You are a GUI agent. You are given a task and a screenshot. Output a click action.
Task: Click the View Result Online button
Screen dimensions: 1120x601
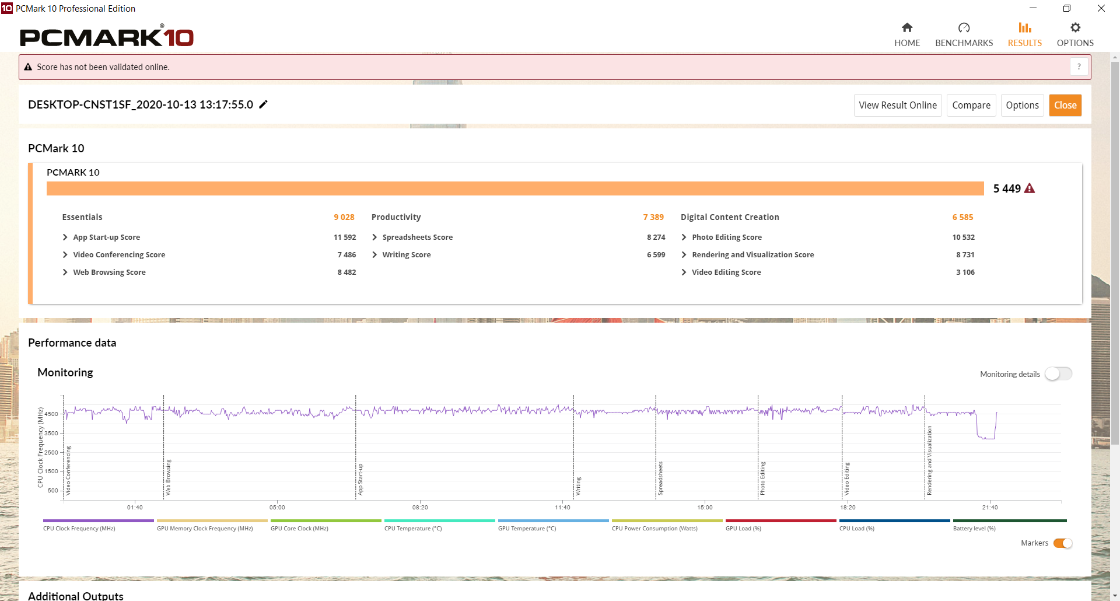click(898, 105)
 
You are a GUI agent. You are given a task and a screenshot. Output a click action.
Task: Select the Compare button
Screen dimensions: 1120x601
click(971, 105)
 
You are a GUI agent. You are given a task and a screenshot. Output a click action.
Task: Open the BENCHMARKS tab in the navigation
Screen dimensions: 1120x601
click(964, 35)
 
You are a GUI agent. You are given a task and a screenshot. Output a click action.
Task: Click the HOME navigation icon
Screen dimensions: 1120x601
click(907, 27)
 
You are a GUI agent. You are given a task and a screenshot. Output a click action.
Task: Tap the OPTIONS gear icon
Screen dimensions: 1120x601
click(1075, 27)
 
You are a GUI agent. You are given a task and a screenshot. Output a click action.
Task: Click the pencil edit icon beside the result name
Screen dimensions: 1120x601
click(264, 104)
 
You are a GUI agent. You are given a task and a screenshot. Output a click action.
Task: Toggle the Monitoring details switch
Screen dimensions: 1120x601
click(1058, 374)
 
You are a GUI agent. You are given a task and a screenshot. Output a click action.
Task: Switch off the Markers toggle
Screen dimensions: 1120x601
click(1063, 543)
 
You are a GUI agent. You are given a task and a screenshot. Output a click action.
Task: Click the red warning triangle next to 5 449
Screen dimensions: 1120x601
click(1030, 188)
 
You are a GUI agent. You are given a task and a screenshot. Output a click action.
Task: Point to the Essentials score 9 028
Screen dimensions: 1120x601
click(344, 217)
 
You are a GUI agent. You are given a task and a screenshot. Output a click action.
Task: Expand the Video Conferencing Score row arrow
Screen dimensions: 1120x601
click(65, 254)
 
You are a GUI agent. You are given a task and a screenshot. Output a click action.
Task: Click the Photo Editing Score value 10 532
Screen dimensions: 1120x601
click(964, 237)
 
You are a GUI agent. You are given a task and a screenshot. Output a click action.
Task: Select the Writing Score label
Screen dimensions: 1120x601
click(407, 255)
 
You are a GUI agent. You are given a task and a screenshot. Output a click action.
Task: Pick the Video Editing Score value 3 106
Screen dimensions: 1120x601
click(965, 272)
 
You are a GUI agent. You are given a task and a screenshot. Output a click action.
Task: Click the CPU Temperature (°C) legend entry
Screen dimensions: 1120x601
click(413, 529)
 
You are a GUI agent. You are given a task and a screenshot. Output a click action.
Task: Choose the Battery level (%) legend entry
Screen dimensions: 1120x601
click(974, 529)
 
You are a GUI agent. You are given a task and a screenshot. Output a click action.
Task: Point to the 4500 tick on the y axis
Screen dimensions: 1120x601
click(51, 414)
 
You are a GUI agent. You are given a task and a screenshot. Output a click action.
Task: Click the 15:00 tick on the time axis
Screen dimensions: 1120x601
click(705, 508)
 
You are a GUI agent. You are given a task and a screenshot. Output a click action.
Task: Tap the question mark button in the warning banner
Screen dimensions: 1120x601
click(1079, 67)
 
